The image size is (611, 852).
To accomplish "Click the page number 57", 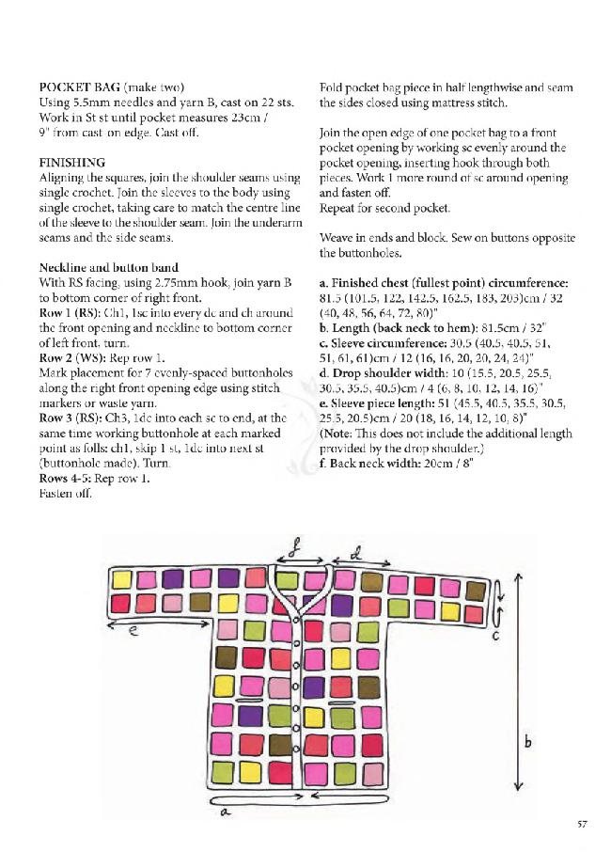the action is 582,825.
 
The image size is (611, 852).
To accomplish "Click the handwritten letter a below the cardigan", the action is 227,813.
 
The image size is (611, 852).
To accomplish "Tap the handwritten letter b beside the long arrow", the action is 528,742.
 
